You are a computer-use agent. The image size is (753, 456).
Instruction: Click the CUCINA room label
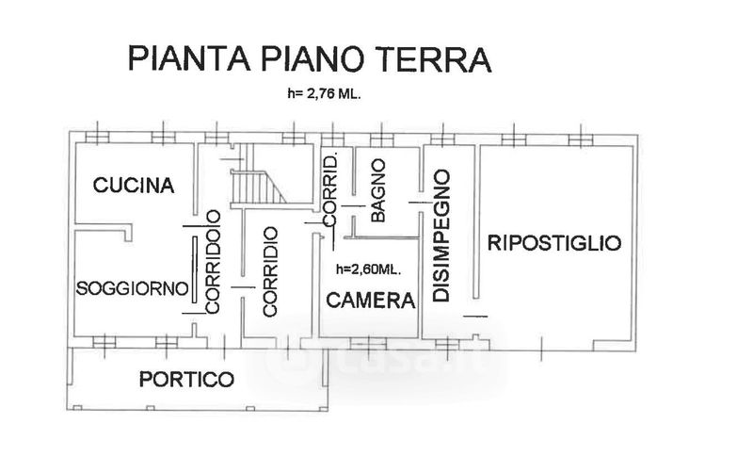coord(134,185)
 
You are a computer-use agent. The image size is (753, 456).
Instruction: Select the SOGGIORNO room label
coord(133,287)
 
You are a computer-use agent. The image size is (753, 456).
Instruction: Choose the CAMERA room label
coord(370,301)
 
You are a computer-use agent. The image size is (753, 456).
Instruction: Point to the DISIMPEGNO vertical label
coord(440,236)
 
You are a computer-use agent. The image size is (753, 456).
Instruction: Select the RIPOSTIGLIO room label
coord(554,242)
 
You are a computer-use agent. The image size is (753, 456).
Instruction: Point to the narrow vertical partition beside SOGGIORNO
coord(194,273)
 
